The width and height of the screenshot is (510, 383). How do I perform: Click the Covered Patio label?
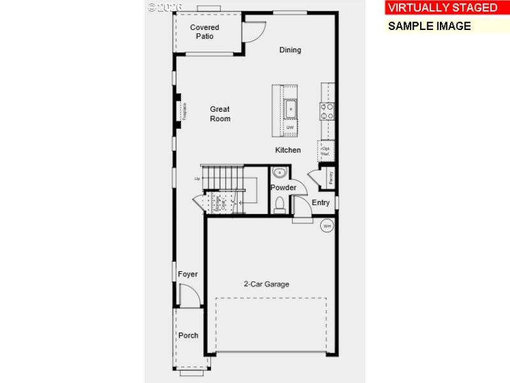click(x=205, y=31)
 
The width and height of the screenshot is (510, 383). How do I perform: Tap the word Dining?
click(x=290, y=50)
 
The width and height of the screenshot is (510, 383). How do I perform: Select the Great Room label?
click(x=220, y=114)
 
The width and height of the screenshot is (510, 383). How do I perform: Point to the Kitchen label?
click(x=288, y=150)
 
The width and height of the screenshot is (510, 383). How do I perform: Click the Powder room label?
click(x=283, y=188)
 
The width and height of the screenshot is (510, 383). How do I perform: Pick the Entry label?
click(x=321, y=203)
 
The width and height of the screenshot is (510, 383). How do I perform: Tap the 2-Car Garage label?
click(x=266, y=284)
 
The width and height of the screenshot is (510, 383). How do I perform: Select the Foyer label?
click(x=187, y=274)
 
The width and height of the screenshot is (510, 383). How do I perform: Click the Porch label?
click(x=188, y=335)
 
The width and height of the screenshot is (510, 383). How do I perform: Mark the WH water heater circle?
click(x=326, y=226)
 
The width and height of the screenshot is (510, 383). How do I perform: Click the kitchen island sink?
click(x=290, y=109)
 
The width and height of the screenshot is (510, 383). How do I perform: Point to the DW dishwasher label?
click(x=290, y=128)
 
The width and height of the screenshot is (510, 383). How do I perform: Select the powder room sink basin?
click(x=279, y=173)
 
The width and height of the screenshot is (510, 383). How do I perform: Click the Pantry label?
click(x=331, y=178)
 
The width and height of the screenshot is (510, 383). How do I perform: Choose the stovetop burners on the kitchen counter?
click(x=327, y=112)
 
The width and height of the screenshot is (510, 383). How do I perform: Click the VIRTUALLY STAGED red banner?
click(x=442, y=8)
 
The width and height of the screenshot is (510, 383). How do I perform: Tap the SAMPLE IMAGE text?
click(x=429, y=26)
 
